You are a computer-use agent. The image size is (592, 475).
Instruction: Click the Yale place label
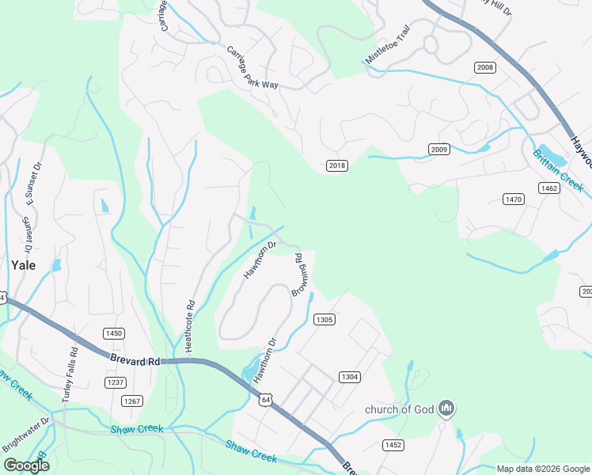click(x=23, y=265)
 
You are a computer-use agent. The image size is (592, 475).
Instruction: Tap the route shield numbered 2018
click(x=337, y=165)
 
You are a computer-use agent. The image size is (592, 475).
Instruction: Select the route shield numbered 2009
click(x=439, y=150)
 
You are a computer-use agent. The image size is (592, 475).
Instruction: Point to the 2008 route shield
click(x=485, y=68)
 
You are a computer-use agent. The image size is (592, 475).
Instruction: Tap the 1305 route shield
click(x=324, y=319)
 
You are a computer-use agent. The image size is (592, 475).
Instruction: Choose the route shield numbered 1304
click(x=350, y=377)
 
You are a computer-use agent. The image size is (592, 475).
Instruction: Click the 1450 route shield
click(x=114, y=333)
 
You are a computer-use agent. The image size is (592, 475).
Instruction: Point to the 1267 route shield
click(x=132, y=401)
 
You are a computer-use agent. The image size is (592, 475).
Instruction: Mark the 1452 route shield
click(x=393, y=444)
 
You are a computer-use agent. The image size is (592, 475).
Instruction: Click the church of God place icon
click(x=446, y=408)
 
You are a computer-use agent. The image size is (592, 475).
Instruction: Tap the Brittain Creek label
click(x=558, y=171)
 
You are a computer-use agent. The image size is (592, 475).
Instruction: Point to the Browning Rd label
click(x=300, y=275)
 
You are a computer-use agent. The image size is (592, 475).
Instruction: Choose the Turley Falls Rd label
click(x=70, y=371)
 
